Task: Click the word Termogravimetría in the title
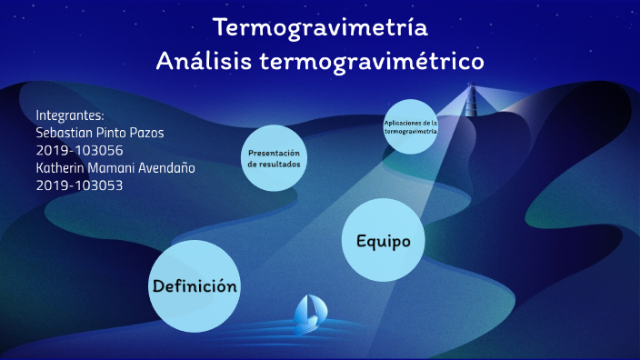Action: pyautogui.click(x=320, y=27)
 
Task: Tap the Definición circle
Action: pyautogui.click(x=195, y=285)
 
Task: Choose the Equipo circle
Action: pyautogui.click(x=384, y=241)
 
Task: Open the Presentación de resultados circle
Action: pyautogui.click(x=274, y=158)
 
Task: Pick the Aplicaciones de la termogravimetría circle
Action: pyautogui.click(x=410, y=126)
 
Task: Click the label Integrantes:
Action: pyautogui.click(x=70, y=115)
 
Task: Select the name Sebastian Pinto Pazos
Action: pyautogui.click(x=100, y=133)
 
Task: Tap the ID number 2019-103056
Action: pyautogui.click(x=79, y=150)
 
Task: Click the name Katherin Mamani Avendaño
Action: pyautogui.click(x=115, y=167)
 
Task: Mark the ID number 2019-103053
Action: pyautogui.click(x=79, y=185)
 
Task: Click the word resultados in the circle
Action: pyautogui.click(x=274, y=165)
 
